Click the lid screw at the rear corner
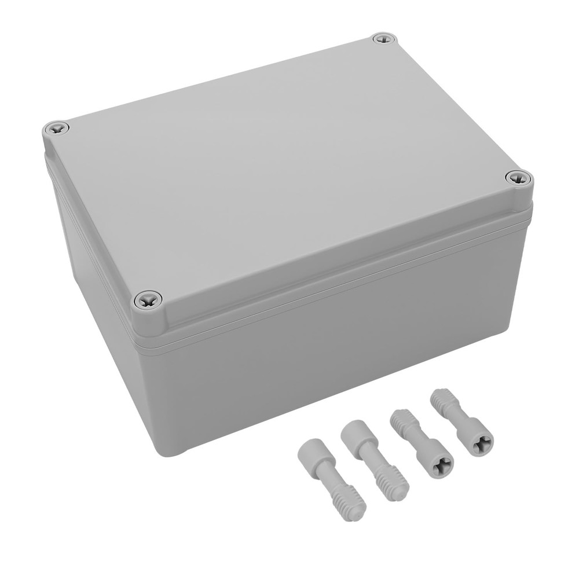[x=383, y=39]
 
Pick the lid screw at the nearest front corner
[x=148, y=299]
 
